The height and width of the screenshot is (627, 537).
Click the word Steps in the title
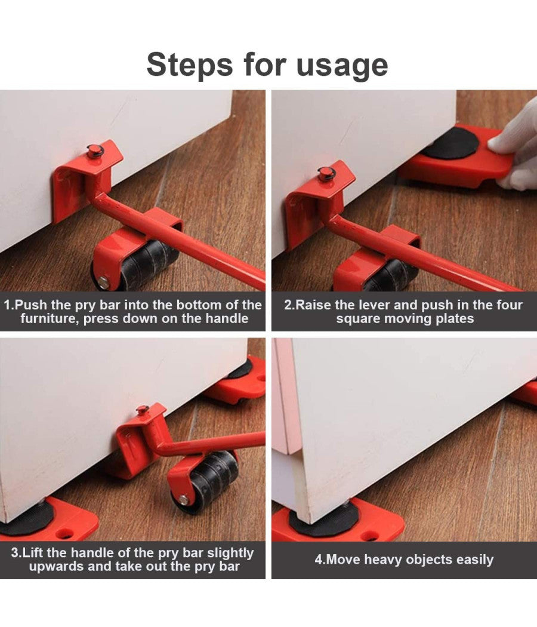coord(190,64)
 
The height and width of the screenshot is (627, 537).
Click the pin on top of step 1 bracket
coord(95,150)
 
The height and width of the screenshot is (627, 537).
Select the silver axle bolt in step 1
coord(104,282)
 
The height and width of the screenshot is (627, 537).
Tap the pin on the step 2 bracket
coord(326,173)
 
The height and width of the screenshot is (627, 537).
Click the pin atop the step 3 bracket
coord(143,410)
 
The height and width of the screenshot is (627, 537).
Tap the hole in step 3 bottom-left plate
coord(66,533)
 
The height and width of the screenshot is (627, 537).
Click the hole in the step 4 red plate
coord(371,535)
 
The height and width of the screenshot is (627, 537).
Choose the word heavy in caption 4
coord(384,560)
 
